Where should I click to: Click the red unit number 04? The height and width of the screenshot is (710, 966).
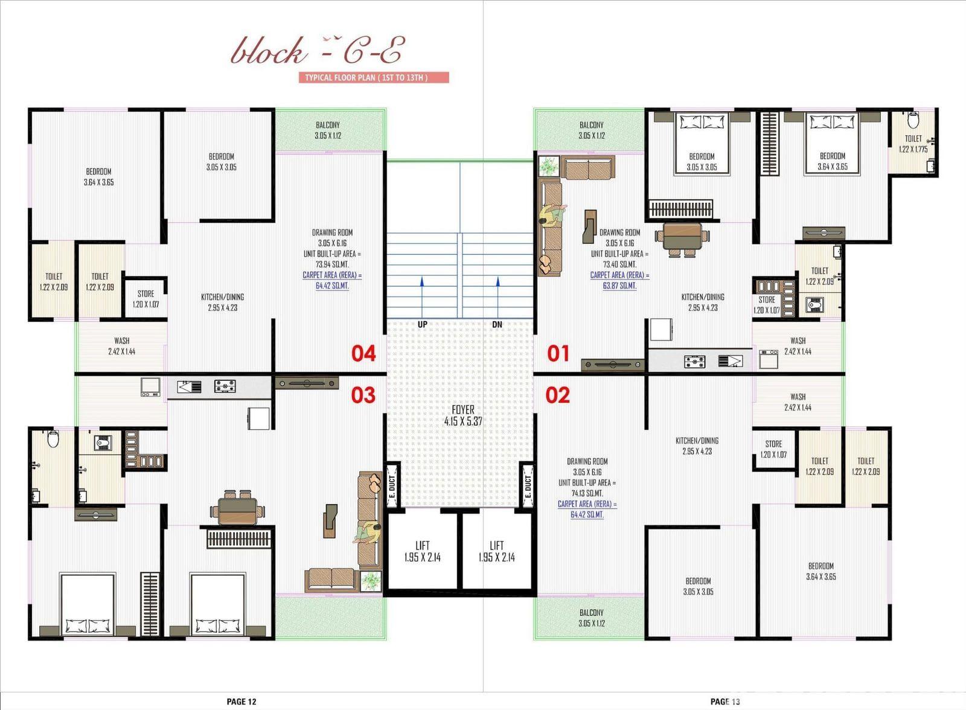click(363, 353)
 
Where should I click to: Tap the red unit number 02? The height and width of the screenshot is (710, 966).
click(558, 395)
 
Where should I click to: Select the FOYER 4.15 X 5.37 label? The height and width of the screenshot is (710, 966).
click(462, 415)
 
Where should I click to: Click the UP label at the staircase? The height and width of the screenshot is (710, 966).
click(422, 324)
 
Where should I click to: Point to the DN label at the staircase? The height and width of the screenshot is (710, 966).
click(497, 324)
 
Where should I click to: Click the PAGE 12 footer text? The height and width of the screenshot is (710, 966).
click(241, 702)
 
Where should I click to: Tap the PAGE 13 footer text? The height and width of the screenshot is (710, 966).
click(725, 702)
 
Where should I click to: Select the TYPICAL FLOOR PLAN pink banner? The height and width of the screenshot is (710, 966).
click(374, 78)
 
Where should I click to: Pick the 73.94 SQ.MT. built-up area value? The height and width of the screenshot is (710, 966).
click(332, 264)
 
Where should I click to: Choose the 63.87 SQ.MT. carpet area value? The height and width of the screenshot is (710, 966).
click(619, 286)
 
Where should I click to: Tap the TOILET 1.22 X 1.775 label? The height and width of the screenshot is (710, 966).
click(913, 144)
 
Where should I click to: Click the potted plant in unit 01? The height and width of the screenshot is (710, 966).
click(549, 166)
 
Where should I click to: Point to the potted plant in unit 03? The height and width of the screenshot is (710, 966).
click(371, 581)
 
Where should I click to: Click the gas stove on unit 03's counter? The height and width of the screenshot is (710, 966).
click(225, 386)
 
